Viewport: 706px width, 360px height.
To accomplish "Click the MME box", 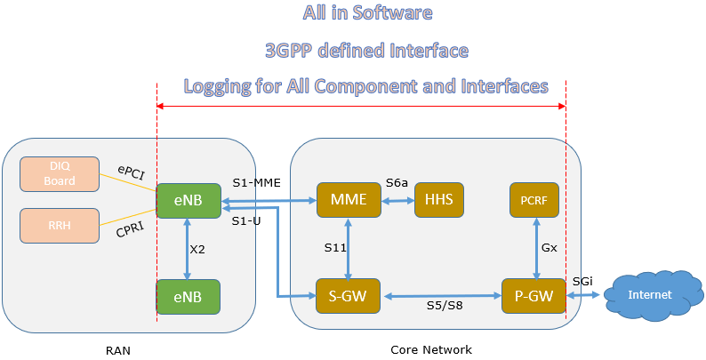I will pos(348,200).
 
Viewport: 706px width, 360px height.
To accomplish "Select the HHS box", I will pos(439,200).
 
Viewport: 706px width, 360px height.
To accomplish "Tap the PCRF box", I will pos(534,200).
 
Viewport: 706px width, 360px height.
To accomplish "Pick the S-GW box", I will pos(348,296).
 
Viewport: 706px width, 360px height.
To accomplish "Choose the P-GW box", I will pos(534,296).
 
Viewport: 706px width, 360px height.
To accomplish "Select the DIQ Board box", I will pos(61,173).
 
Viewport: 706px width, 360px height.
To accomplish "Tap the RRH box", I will pos(61,226).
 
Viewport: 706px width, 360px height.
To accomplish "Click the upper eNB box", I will pos(188,200).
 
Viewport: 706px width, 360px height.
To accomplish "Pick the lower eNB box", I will pos(188,297).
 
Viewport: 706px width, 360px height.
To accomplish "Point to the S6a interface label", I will pos(397,183).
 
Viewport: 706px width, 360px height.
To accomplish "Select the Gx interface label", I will pos(550,248).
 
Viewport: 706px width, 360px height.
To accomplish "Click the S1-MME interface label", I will pos(256,183).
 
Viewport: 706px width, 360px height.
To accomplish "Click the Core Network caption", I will pos(431,350).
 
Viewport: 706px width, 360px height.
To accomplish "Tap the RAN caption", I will pos(117,350).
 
